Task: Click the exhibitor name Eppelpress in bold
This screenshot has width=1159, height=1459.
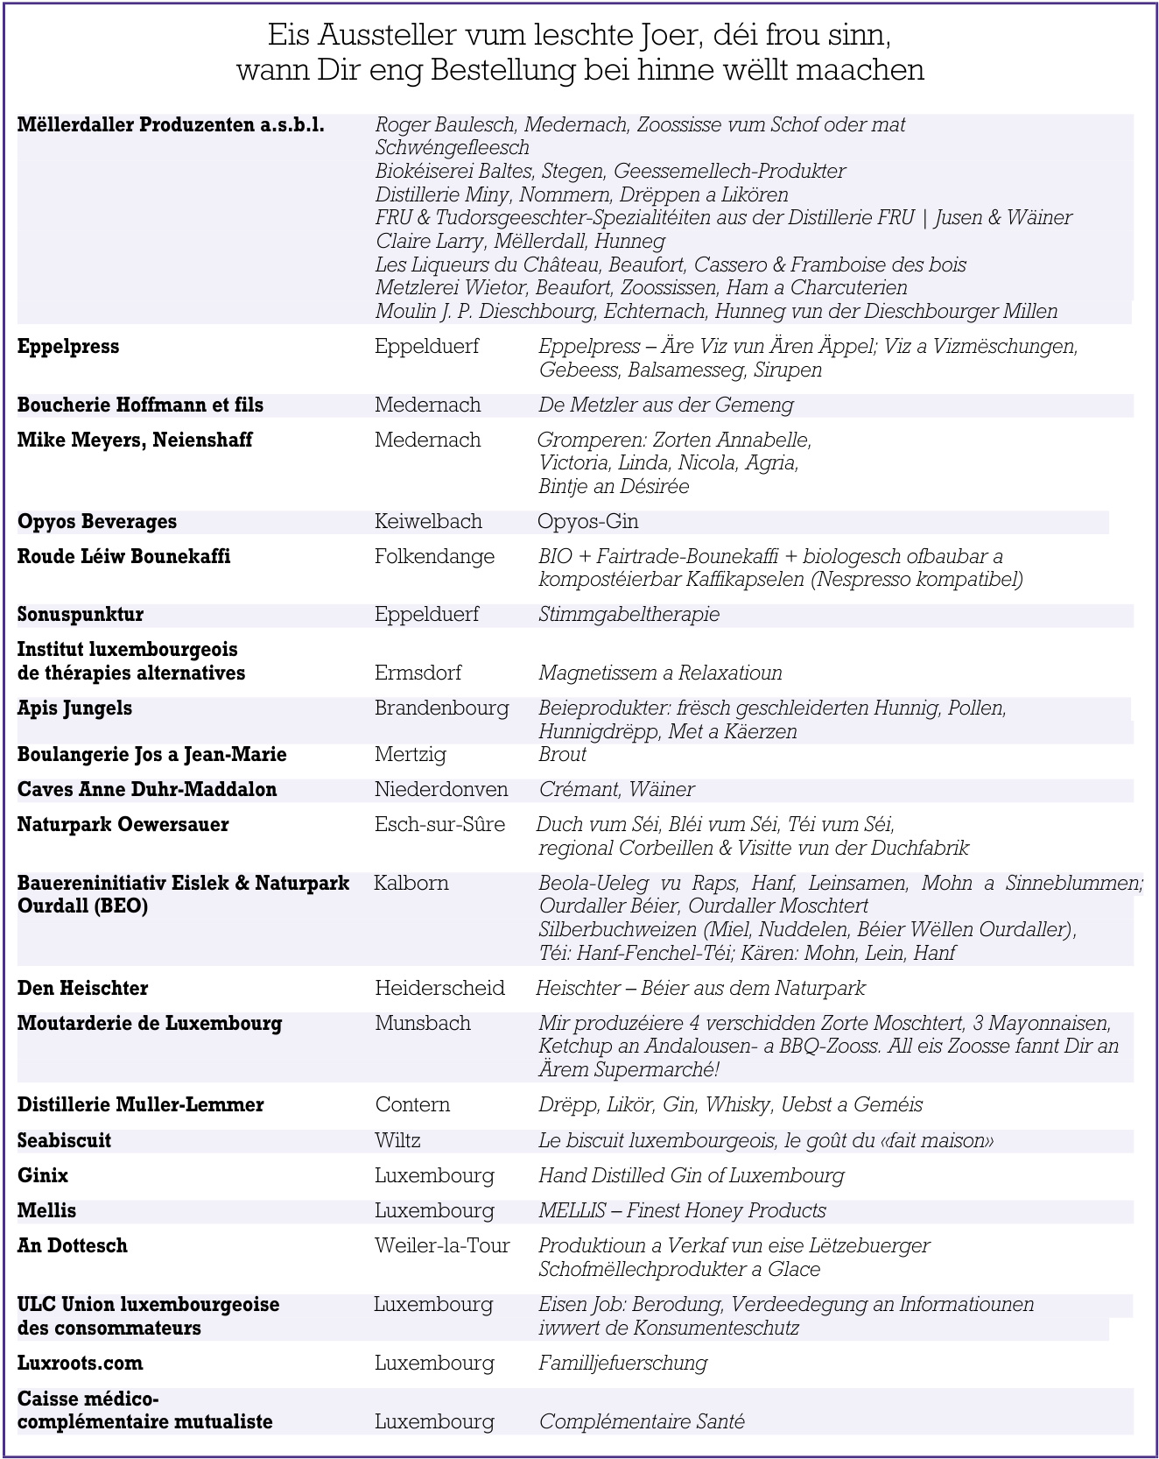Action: [x=68, y=347]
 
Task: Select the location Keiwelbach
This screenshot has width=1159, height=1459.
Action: [x=428, y=522]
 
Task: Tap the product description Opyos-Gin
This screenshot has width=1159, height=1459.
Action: [x=587, y=522]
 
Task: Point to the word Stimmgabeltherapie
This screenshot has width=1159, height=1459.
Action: [x=629, y=615]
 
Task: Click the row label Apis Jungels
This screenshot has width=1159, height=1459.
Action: [x=74, y=708]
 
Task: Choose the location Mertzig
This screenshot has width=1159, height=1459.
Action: [x=410, y=755]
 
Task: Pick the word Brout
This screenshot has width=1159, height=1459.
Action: [x=562, y=755]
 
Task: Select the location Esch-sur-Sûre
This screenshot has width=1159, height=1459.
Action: [x=439, y=825]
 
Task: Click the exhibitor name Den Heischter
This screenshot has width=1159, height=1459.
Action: [x=82, y=989]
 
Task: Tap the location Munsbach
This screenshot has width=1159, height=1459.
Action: [x=422, y=1024]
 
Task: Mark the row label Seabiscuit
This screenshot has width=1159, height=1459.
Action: [x=64, y=1141]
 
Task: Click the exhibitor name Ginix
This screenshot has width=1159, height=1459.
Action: [x=43, y=1176]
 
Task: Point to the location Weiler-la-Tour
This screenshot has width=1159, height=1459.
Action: [x=442, y=1246]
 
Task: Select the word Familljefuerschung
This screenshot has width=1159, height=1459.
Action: [x=622, y=1364]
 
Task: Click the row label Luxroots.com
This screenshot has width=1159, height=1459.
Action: [x=80, y=1364]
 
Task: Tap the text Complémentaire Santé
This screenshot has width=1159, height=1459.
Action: [x=642, y=1422]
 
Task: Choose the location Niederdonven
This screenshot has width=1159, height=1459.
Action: [x=441, y=790]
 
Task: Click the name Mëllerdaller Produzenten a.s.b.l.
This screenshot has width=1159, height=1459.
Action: [x=171, y=125]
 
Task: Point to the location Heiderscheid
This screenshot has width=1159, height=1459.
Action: [x=439, y=989]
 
